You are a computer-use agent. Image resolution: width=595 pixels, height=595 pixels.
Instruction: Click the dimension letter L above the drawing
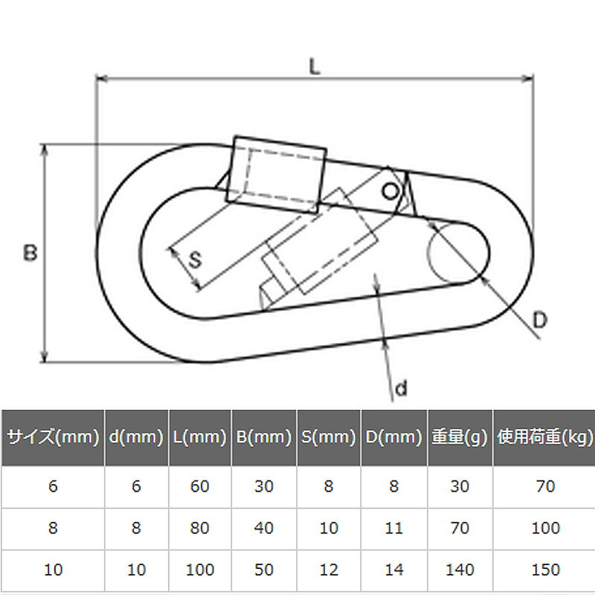point(315,67)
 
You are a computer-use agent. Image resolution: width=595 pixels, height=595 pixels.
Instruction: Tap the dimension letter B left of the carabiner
point(30,253)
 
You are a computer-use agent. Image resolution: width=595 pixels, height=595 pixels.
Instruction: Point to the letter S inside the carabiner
point(195,260)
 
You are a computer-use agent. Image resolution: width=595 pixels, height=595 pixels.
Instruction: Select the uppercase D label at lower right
point(540,320)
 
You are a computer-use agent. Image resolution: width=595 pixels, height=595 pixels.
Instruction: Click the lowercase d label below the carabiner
point(401,388)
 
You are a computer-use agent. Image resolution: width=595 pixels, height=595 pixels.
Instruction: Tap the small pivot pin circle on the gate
point(390,192)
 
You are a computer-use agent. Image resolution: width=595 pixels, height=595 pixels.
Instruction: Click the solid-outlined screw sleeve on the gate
point(276,175)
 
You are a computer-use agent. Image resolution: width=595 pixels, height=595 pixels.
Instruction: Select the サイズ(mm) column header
point(53,437)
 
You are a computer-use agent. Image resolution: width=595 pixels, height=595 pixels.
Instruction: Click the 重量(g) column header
point(459,437)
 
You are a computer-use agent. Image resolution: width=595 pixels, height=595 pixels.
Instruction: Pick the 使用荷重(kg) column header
point(545,437)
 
